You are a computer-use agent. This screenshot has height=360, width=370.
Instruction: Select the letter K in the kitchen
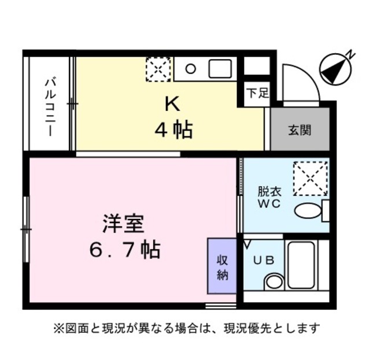[x=172, y=104]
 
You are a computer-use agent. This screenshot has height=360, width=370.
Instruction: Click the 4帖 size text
[x=173, y=129]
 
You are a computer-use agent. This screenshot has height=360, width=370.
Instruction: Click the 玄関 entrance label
[x=299, y=129]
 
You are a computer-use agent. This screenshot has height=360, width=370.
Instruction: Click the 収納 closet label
[x=223, y=267]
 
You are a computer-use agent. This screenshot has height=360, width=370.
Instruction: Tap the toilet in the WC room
[x=309, y=211]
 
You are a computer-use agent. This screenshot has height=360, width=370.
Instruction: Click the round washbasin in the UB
[x=273, y=283]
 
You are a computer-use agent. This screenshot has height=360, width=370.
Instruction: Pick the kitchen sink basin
[x=219, y=69]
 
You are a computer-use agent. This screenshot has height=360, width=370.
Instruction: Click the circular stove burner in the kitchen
[x=190, y=69]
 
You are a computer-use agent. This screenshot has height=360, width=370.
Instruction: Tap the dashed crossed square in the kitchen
[x=158, y=70]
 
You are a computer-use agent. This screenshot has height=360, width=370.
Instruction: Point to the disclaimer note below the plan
[x=186, y=329]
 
